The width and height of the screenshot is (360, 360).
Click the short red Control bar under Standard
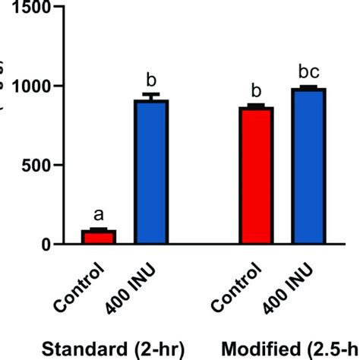pyautogui.click(x=99, y=237)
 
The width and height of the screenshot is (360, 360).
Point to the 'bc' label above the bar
pyautogui.click(x=308, y=72)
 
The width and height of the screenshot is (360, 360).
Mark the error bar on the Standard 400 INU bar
pyautogui.click(x=151, y=96)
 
